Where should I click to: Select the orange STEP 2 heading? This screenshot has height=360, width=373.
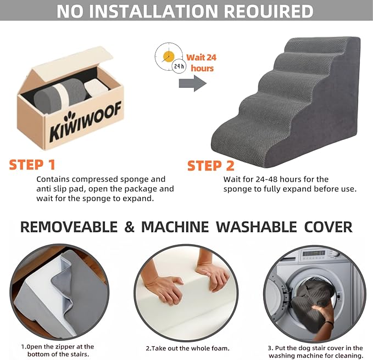(x=211, y=165)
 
